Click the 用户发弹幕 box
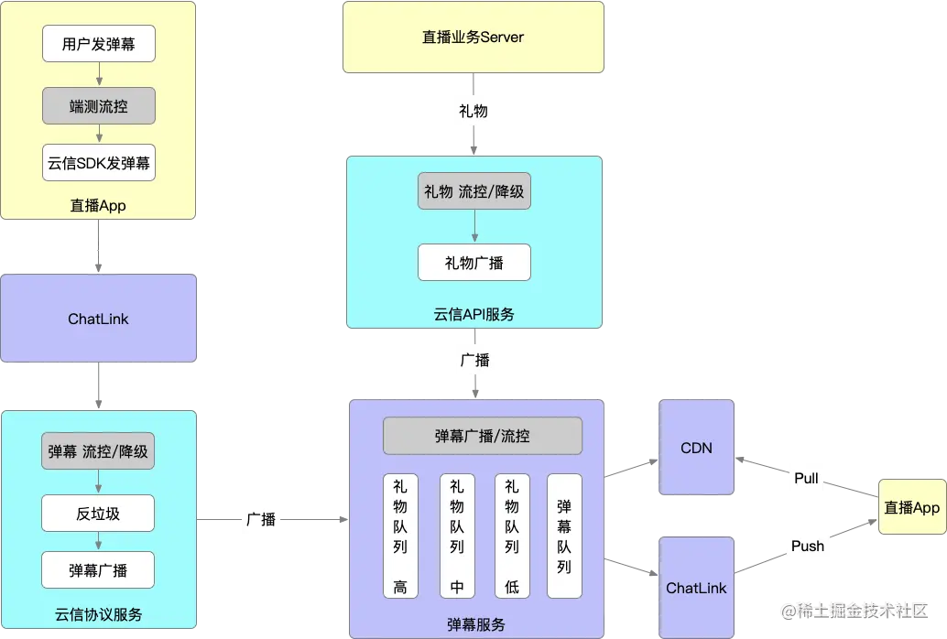[99, 44]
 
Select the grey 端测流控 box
[99, 106]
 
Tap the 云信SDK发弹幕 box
[99, 165]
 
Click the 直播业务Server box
[473, 38]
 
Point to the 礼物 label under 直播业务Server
[473, 111]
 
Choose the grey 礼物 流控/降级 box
[473, 191]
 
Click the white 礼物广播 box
[473, 263]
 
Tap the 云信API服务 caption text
[473, 314]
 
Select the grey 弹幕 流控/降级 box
[98, 451]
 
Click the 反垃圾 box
[98, 513]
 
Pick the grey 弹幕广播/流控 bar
[482, 436]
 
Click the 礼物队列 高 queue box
[400, 536]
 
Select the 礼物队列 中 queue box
[457, 536]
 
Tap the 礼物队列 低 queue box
[512, 536]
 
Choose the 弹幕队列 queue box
[564, 536]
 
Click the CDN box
[697, 449]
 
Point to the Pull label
[806, 478]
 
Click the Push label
[807, 546]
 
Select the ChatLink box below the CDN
[697, 587]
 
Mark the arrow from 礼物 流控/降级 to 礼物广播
[473, 227]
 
